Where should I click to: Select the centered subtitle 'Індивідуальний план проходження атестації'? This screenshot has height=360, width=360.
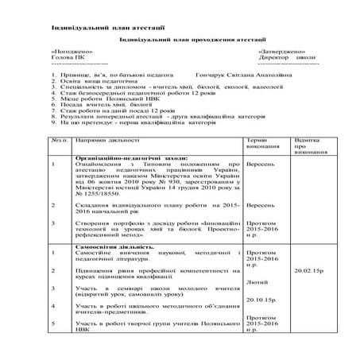[x=179, y=39]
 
